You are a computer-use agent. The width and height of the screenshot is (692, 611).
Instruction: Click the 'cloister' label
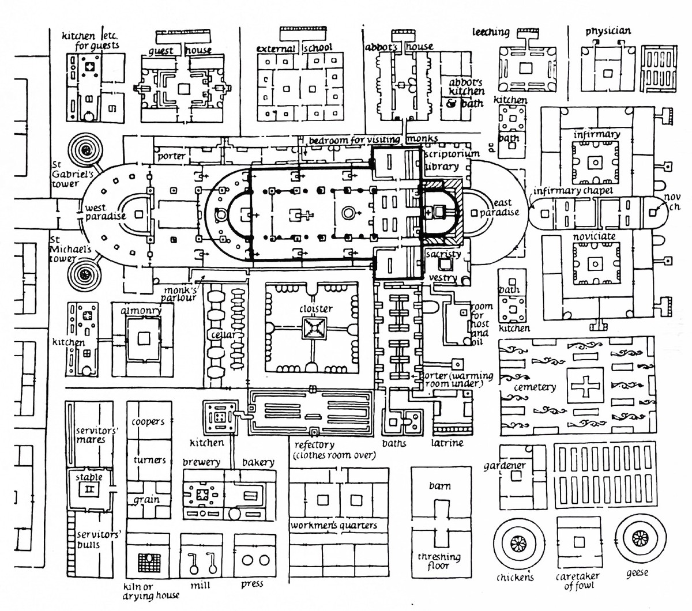point(317,309)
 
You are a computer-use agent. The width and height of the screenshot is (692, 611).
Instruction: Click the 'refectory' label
point(314,444)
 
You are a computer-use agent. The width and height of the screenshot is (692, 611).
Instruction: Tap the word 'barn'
point(439,485)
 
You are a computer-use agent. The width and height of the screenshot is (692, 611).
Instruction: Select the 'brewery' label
point(201,462)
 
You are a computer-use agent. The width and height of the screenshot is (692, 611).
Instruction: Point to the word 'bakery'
point(257,462)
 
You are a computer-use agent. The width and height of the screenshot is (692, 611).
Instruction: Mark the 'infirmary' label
point(597,134)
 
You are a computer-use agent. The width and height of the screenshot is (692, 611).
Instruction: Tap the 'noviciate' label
point(594,236)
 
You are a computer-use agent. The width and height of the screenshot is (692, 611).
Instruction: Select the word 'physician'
point(608,31)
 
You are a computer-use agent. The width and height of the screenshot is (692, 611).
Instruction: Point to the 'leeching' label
point(491,33)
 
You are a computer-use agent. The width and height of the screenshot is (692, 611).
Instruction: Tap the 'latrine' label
point(447,443)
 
